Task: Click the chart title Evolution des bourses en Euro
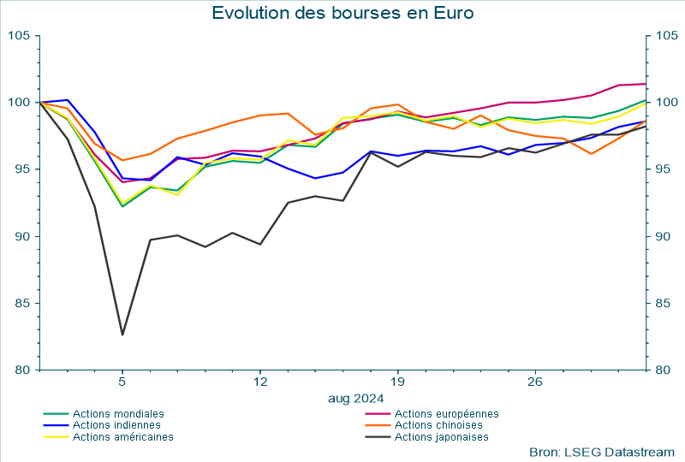coord(342,13)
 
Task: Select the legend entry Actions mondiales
coord(118,414)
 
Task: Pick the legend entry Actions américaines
coord(123,436)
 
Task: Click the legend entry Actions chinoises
coord(439,425)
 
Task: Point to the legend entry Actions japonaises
coord(442,436)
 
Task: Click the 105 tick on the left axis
coord(19,35)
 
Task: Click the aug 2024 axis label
coord(355,398)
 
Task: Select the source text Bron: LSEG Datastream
coord(602,451)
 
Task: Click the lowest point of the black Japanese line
coord(122,335)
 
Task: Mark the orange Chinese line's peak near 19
coord(397,104)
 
